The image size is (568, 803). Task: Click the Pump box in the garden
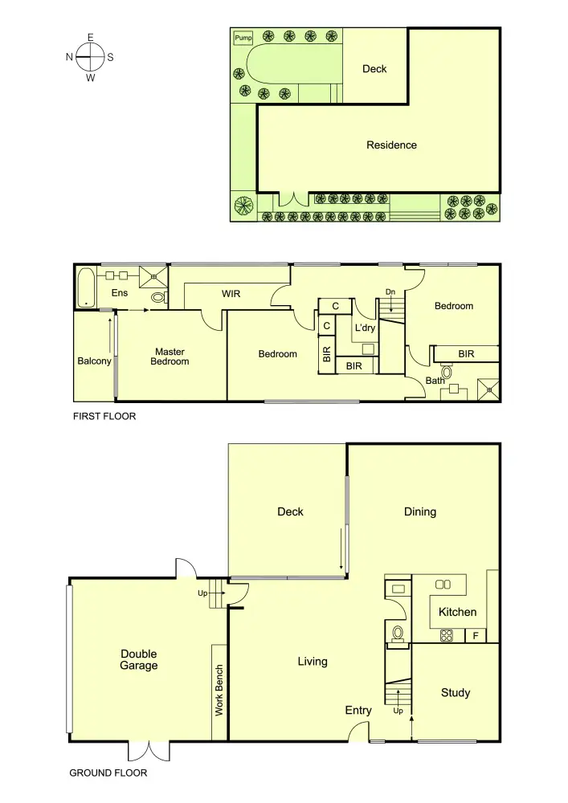pos(243,38)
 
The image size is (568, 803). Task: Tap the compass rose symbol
pos(90,57)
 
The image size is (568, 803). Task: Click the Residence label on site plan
pos(391,145)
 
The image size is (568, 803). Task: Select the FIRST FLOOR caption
pos(104,417)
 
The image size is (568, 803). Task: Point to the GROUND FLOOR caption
pos(108,773)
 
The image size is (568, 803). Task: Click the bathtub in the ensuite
pos(85,288)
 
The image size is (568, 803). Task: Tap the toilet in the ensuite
pos(158,298)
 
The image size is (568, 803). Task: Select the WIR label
pos(232,294)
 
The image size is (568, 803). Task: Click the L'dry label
pos(366,328)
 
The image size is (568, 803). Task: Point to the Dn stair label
pos(390,291)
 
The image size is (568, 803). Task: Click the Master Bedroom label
pos(170,357)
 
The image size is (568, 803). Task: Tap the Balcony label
pos(94,361)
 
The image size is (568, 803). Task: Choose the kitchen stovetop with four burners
pos(447,635)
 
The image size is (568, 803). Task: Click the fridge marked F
pos(476,635)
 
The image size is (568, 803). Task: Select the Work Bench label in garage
pos(219,691)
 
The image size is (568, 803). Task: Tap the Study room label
pos(456,693)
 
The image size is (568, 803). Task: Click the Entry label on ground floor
pos(358,710)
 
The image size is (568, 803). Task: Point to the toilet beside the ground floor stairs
pos(397,634)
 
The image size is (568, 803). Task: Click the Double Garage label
pos(139,659)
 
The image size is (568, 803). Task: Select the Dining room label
pos(420,512)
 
